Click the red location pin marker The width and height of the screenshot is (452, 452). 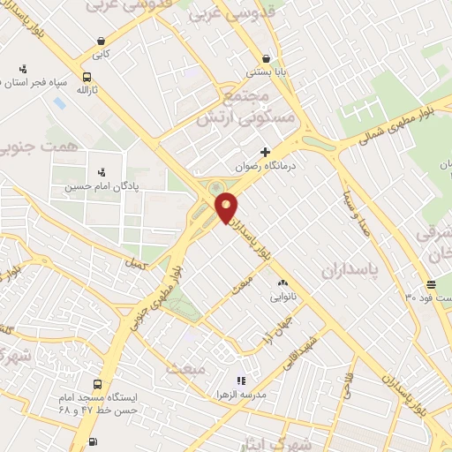[x=227, y=207]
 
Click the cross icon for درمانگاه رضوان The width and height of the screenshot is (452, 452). [x=265, y=152]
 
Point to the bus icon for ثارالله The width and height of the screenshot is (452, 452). [x=87, y=77]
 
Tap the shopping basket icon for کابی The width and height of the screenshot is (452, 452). [x=103, y=41]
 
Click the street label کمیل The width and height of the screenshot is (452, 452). [x=136, y=262]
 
